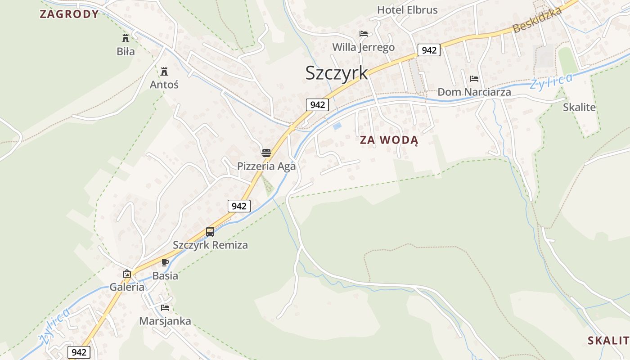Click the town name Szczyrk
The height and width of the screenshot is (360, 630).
[336, 73]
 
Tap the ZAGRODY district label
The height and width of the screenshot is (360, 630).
[69, 14]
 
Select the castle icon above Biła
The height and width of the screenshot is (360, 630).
[126, 38]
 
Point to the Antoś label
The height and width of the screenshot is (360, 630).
[164, 85]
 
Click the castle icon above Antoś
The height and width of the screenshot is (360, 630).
[164, 71]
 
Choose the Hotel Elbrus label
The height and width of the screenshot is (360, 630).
[407, 10]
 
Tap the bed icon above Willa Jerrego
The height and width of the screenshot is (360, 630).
[364, 34]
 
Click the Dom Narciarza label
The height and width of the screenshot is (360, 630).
[474, 92]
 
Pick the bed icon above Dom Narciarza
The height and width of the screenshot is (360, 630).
[474, 79]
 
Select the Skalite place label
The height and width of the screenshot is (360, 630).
[579, 108]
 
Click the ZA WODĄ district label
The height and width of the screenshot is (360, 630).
[389, 140]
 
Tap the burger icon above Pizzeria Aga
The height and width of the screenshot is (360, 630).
[266, 153]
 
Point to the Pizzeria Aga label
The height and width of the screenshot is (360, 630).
[266, 166]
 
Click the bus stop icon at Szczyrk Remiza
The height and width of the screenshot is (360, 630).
[210, 232]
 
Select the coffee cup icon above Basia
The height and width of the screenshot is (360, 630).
[165, 262]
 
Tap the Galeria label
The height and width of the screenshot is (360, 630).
[127, 287]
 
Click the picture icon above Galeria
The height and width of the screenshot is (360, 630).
[127, 274]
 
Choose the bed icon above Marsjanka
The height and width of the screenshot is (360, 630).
[165, 308]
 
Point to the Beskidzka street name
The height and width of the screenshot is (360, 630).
[537, 20]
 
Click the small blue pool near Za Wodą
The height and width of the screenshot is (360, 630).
[337, 126]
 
